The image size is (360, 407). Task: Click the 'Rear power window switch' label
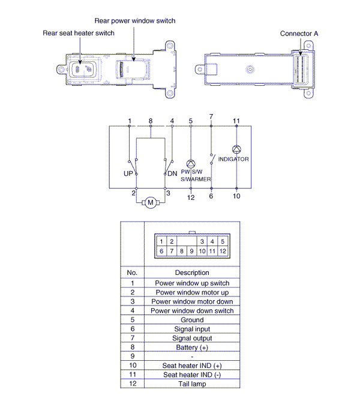pos(134,21)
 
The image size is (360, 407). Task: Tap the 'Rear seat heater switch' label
pos(78,33)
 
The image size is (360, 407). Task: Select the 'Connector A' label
pos(299,34)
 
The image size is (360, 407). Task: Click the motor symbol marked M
pos(150,202)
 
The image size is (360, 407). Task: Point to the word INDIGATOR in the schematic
pos(234,159)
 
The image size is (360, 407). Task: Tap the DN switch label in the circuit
pos(172,173)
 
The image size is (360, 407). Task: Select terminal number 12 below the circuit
pos(191,197)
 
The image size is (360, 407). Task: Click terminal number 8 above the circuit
pos(150,121)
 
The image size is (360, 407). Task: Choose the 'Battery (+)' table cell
pos(192,348)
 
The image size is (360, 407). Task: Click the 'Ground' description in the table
pos(192,320)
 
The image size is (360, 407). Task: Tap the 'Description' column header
pos(192,273)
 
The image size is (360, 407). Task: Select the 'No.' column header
pos(132,273)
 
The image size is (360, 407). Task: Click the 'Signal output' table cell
pos(192,338)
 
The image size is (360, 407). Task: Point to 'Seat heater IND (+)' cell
pos(192,366)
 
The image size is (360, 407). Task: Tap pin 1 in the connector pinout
pos(162,241)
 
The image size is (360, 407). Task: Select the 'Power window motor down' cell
pos(192,301)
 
